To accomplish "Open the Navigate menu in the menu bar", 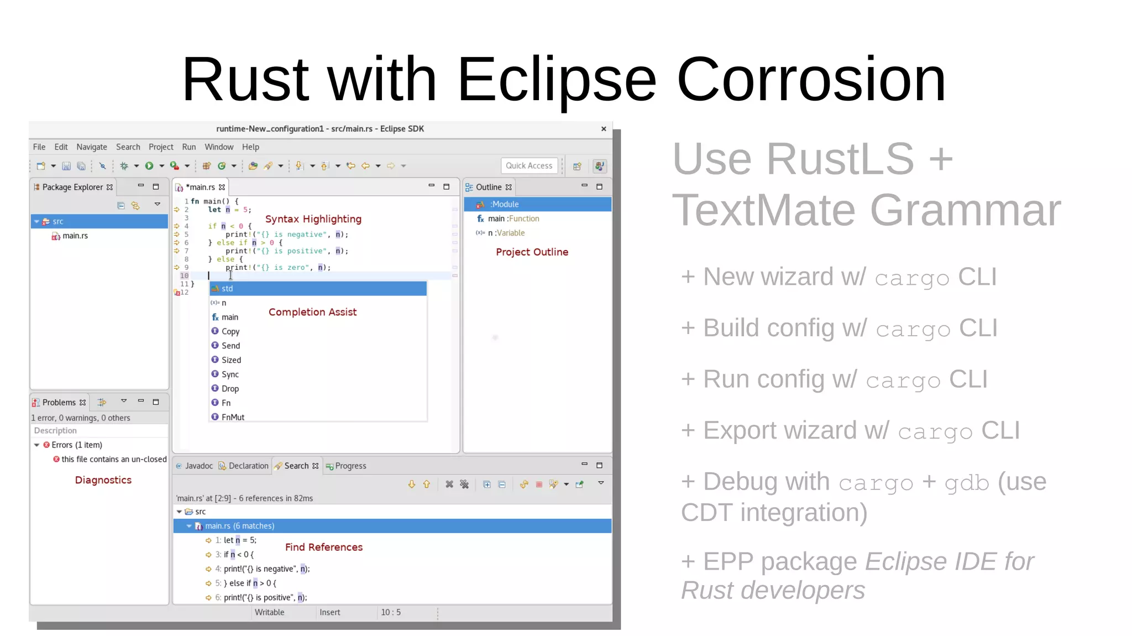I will [92, 147].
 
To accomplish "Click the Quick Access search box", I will [529, 166].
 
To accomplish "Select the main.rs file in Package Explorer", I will [75, 236].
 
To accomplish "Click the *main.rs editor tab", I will [201, 187].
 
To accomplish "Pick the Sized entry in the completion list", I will [231, 360].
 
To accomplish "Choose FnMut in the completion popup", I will [233, 418].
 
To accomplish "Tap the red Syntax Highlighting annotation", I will [313, 220].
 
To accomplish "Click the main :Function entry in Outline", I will [513, 219].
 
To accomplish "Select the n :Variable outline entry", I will [506, 233].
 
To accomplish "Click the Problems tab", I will [59, 403].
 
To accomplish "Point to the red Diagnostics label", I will [103, 481].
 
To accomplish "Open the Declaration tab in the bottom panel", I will [248, 466].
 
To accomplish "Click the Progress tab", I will [350, 466].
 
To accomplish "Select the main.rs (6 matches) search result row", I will [239, 526].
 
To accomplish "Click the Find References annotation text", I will [324, 548].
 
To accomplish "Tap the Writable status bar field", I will [269, 613].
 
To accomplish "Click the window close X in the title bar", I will [604, 129].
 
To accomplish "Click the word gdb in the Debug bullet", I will [966, 483].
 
